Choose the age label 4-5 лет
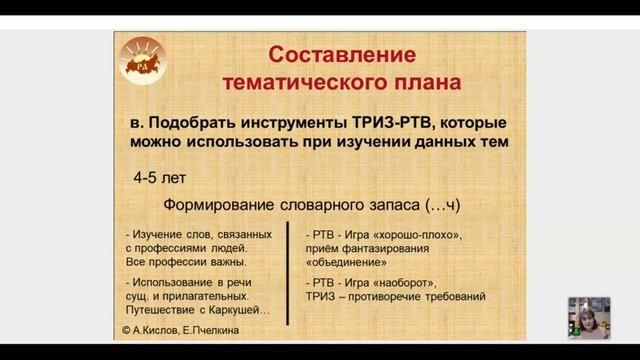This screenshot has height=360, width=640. [159, 179]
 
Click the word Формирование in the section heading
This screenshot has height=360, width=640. [222, 206]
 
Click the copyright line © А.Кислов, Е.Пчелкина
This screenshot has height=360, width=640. [182, 329]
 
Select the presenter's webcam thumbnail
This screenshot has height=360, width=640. [588, 317]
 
